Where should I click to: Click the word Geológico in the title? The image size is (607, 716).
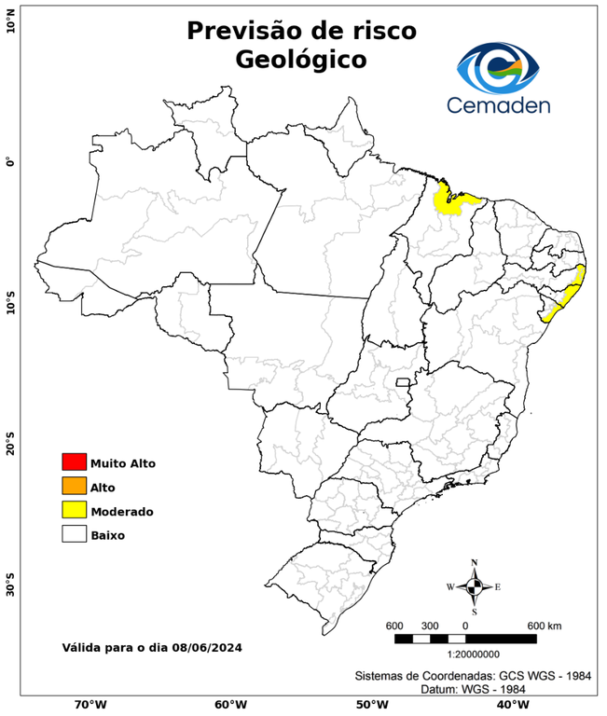tap(301, 60)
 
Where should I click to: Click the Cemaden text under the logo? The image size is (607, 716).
tap(499, 105)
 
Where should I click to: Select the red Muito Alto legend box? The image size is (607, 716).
tap(74, 461)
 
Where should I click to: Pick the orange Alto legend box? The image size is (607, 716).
tap(74, 486)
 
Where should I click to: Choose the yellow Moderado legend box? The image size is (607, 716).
tap(74, 510)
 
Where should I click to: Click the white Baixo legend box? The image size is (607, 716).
tap(74, 534)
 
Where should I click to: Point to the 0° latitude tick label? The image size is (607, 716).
tap(10, 162)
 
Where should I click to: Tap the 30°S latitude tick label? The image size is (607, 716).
tap(10, 588)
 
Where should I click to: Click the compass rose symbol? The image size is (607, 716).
tap(475, 586)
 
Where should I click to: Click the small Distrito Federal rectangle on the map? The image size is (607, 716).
tap(404, 381)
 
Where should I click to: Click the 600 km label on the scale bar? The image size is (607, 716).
tap(544, 625)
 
